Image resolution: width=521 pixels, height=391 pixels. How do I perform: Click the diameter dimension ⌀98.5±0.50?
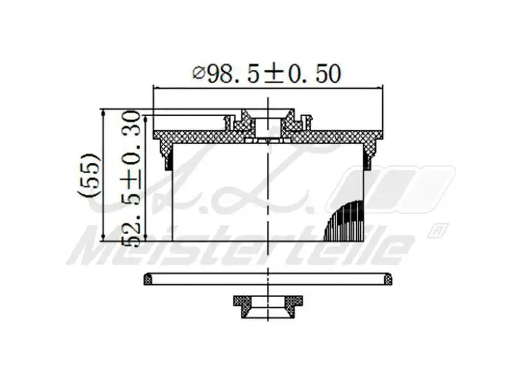tap(267, 74)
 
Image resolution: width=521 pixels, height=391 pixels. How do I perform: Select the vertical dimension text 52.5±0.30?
tap(132, 178)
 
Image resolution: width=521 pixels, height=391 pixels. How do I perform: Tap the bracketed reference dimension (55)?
tap(90, 175)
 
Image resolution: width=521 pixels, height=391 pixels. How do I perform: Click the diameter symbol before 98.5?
tap(199, 74)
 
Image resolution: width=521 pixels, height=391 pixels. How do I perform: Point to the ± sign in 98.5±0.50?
tap(273, 74)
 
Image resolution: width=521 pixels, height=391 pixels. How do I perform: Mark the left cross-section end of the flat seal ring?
tap(148, 280)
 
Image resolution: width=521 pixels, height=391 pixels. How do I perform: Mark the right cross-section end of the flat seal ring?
tap(387, 280)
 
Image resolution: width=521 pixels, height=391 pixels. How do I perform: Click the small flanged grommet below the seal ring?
tap(268, 306)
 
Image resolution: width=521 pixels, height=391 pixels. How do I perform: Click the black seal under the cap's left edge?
tap(168, 157)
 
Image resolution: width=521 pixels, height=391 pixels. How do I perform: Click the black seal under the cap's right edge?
tap(369, 157)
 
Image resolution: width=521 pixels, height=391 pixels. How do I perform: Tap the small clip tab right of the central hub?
tap(307, 122)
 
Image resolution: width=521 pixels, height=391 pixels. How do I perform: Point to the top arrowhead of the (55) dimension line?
tap(104, 113)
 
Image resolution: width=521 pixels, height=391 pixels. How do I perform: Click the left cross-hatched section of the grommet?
tap(242, 304)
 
